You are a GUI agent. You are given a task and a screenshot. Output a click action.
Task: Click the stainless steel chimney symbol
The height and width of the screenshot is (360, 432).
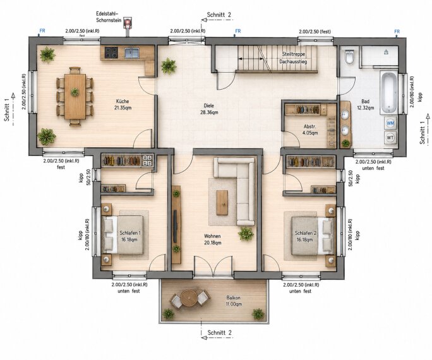pyautogui.click(x=128, y=23)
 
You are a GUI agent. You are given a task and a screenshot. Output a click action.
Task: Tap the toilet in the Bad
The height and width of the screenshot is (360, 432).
pyautogui.click(x=349, y=57)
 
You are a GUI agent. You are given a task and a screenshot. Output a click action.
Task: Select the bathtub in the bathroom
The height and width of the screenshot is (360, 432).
pyautogui.click(x=388, y=92)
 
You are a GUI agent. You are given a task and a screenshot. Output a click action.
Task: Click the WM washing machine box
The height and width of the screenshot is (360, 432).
pyautogui.click(x=390, y=123)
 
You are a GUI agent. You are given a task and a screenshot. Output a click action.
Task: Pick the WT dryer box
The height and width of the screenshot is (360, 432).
pyautogui.click(x=390, y=137)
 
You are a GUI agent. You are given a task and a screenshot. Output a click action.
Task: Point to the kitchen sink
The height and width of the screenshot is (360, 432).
pyautogui.click(x=132, y=52)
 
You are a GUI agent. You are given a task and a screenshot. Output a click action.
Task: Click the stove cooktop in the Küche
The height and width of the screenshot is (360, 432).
pyautogui.click(x=111, y=52)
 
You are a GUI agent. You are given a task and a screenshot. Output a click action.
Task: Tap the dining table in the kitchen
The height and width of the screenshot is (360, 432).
pyautogui.click(x=75, y=97)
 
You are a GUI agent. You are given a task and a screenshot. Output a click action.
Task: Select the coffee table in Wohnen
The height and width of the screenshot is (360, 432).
pyautogui.click(x=222, y=203)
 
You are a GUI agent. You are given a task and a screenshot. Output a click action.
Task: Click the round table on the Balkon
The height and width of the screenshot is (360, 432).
pyautogui.click(x=189, y=297)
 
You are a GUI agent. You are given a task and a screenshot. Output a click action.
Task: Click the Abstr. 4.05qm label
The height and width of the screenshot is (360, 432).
pyautogui.click(x=310, y=129)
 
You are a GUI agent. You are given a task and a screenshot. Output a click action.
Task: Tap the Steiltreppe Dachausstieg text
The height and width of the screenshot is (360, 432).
pyautogui.click(x=293, y=58)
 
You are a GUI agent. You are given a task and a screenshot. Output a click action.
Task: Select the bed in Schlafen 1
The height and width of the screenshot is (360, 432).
pyautogui.click(x=123, y=235)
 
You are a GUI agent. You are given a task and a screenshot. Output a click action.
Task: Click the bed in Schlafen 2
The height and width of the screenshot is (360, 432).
pyautogui.click(x=312, y=236)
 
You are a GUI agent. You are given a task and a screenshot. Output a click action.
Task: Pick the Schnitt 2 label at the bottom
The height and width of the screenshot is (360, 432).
pyautogui.click(x=219, y=332)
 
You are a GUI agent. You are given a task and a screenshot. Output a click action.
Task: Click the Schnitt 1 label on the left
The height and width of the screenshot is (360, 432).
pyautogui.click(x=7, y=110)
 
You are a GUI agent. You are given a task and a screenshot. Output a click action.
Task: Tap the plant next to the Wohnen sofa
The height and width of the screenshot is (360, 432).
pyautogui.click(x=246, y=234)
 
